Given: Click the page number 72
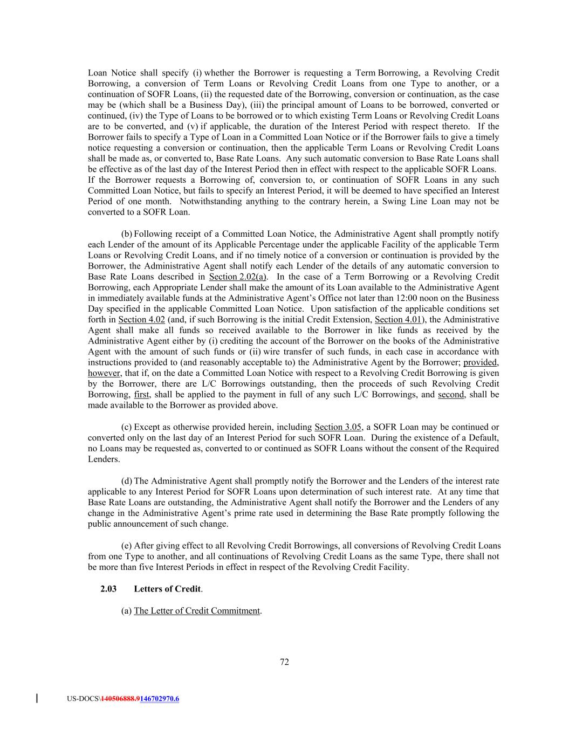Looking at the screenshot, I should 284,662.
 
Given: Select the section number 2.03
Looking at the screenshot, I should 108,589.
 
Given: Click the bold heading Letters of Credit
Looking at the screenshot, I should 167,589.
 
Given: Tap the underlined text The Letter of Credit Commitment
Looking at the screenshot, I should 197,610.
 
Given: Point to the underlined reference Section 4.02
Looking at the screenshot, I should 141,319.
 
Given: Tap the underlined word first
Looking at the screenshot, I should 141,395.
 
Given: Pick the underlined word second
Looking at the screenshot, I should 451,395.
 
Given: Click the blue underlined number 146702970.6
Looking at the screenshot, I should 159,699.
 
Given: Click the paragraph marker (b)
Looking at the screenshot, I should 127,234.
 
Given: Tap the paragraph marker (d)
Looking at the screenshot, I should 127,481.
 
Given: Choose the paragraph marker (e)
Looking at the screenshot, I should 127,546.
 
